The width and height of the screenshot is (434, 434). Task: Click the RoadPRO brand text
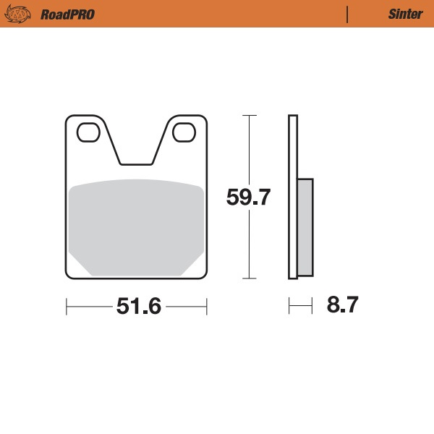coord(67,14)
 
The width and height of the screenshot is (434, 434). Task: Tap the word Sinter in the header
coord(405,14)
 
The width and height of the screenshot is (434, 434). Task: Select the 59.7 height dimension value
coord(248,197)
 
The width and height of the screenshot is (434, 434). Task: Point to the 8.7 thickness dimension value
coord(342,305)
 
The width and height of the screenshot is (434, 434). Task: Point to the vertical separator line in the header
coord(349,14)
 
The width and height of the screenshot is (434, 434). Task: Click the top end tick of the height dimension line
coord(249,116)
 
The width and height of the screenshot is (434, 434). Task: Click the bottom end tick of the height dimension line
coord(249,278)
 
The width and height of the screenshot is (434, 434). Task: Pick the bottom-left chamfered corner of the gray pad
coord(80,265)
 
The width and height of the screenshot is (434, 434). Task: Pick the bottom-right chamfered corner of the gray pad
coord(194,265)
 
